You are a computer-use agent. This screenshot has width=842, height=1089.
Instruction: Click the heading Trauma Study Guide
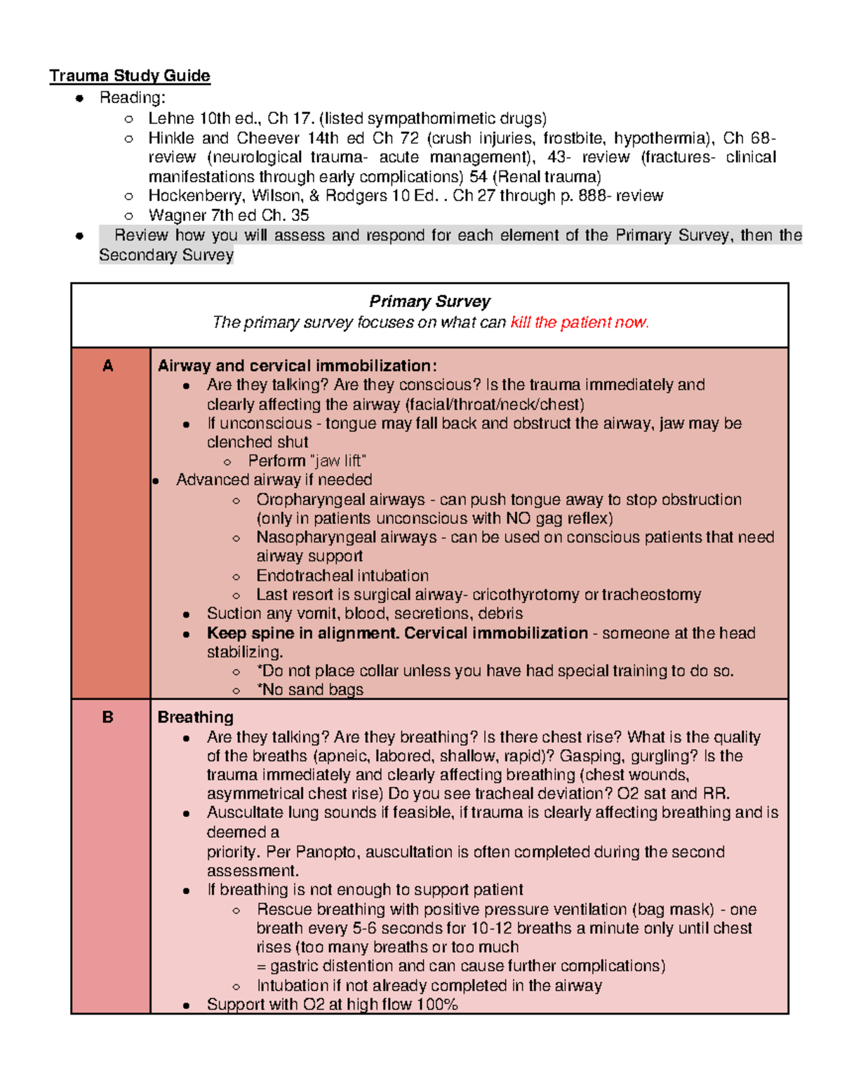click(x=130, y=76)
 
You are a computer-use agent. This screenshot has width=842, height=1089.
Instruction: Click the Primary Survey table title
click(x=429, y=302)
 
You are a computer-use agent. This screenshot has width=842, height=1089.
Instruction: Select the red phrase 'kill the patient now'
click(x=579, y=323)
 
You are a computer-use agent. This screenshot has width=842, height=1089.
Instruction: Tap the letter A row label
click(x=108, y=366)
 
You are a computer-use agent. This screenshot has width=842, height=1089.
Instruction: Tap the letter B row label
click(x=108, y=717)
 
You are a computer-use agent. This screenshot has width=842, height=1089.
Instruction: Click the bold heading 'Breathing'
click(x=195, y=717)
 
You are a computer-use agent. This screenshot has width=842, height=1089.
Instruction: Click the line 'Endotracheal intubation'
click(x=342, y=576)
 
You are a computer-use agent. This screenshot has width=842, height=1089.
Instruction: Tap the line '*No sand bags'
click(x=310, y=690)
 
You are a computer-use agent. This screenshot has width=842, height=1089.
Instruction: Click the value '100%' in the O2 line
click(x=436, y=1005)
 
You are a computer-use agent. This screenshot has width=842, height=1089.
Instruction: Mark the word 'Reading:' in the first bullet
click(x=133, y=98)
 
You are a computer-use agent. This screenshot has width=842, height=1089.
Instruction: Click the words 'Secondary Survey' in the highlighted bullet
click(x=166, y=255)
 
